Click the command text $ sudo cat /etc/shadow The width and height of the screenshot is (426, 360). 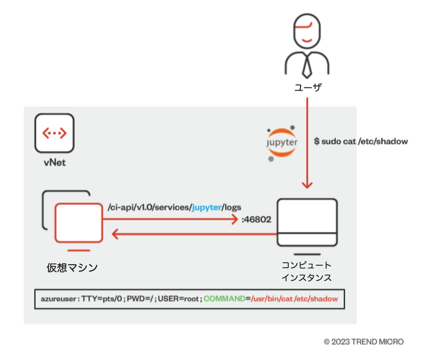361,141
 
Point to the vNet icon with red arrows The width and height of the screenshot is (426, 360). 54,133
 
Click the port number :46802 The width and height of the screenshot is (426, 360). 256,219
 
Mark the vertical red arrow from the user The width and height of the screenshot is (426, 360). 307,141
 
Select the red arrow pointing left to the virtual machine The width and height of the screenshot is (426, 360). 188,234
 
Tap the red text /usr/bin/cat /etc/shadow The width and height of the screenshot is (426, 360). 294,299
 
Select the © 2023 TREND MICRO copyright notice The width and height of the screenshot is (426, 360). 364,342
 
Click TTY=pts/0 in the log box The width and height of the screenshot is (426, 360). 98,299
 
